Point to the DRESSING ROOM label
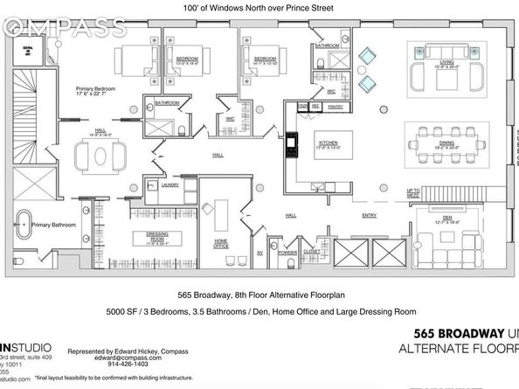pos(157,238)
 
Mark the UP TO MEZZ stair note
pos(413,192)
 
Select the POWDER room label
pos(288,253)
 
